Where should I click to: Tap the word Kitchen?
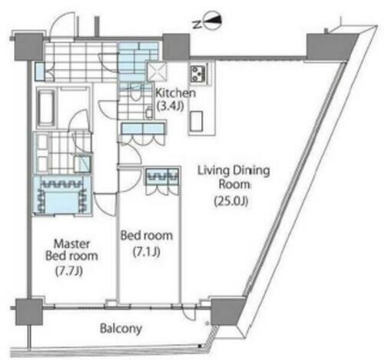(x=176, y=93)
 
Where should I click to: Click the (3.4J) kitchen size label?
(x=170, y=106)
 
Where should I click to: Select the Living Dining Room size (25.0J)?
(x=231, y=201)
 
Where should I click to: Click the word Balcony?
(x=121, y=329)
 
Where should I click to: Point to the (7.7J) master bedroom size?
(x=69, y=271)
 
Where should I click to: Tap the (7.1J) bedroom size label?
(x=147, y=252)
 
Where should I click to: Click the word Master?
(x=71, y=244)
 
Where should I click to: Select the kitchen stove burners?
(x=198, y=72)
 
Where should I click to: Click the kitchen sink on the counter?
(x=197, y=121)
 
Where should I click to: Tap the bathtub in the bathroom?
(x=46, y=107)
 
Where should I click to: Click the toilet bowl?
(x=135, y=94)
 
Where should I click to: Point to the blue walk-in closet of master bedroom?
(x=62, y=196)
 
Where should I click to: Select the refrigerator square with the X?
(x=157, y=71)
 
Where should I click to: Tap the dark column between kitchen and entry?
(x=177, y=47)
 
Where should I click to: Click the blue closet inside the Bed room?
(x=162, y=177)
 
